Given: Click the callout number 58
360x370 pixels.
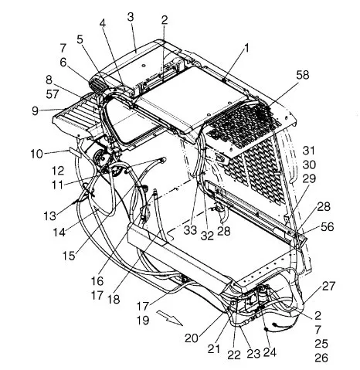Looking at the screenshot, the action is coord(303,75).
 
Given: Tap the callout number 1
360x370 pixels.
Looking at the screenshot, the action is coord(246,48).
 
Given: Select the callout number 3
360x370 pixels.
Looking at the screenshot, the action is coord(131,17).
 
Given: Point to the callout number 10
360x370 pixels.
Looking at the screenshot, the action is coord(37,154).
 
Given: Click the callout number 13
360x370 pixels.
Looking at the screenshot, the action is coord(49,216).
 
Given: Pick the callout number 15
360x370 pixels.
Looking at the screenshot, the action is coord(69,256).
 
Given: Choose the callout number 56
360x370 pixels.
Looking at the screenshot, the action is coord(328,227).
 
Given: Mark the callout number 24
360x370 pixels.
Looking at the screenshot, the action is coord(270,352).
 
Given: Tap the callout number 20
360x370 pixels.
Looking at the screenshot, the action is coord(192,338).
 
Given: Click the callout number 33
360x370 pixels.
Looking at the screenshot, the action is coord(190,230).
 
